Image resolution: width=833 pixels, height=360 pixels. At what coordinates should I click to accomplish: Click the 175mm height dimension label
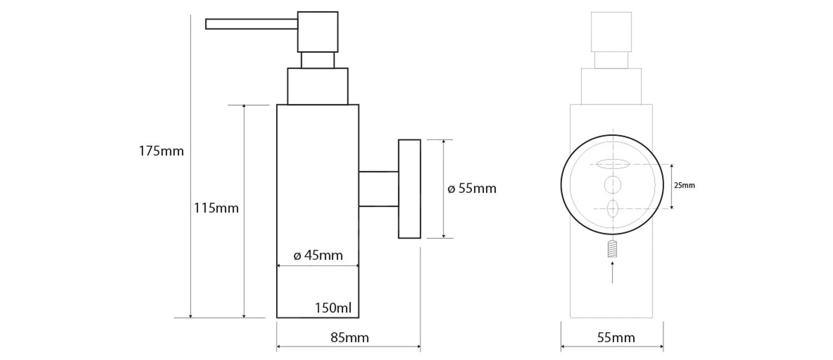(x=161, y=151)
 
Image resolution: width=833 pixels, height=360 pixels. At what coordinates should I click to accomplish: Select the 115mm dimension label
(x=216, y=208)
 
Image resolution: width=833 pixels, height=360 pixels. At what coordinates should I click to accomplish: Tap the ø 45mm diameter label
(x=318, y=256)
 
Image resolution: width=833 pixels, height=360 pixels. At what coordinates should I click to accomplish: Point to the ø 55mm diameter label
(x=472, y=189)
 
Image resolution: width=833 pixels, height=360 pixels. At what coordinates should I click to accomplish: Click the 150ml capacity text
(x=333, y=308)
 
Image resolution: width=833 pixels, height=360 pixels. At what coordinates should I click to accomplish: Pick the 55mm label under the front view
(x=616, y=338)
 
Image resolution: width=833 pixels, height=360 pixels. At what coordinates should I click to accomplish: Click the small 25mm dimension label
(x=684, y=186)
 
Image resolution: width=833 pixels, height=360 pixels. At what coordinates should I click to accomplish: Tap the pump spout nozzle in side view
(x=251, y=24)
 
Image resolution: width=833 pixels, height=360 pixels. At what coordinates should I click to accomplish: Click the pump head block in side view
(x=318, y=32)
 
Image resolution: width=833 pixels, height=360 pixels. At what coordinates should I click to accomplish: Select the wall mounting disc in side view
(x=409, y=189)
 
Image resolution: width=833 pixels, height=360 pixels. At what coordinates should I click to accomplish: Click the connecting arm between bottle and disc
(x=378, y=189)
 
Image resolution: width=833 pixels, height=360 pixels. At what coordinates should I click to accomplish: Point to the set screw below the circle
(x=613, y=249)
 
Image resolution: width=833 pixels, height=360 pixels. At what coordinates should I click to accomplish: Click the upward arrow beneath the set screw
(x=613, y=272)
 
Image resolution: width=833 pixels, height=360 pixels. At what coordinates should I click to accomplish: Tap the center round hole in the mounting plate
(x=613, y=185)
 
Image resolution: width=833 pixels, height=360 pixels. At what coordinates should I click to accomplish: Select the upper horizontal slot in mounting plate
(x=613, y=164)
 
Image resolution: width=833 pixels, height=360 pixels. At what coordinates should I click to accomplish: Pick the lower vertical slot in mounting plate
(x=613, y=209)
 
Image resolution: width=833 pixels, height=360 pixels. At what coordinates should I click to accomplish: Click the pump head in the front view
(x=611, y=32)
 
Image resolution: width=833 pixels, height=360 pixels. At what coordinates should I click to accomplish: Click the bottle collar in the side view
(x=318, y=86)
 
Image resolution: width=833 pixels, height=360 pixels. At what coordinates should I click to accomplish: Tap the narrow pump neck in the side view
(x=318, y=60)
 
